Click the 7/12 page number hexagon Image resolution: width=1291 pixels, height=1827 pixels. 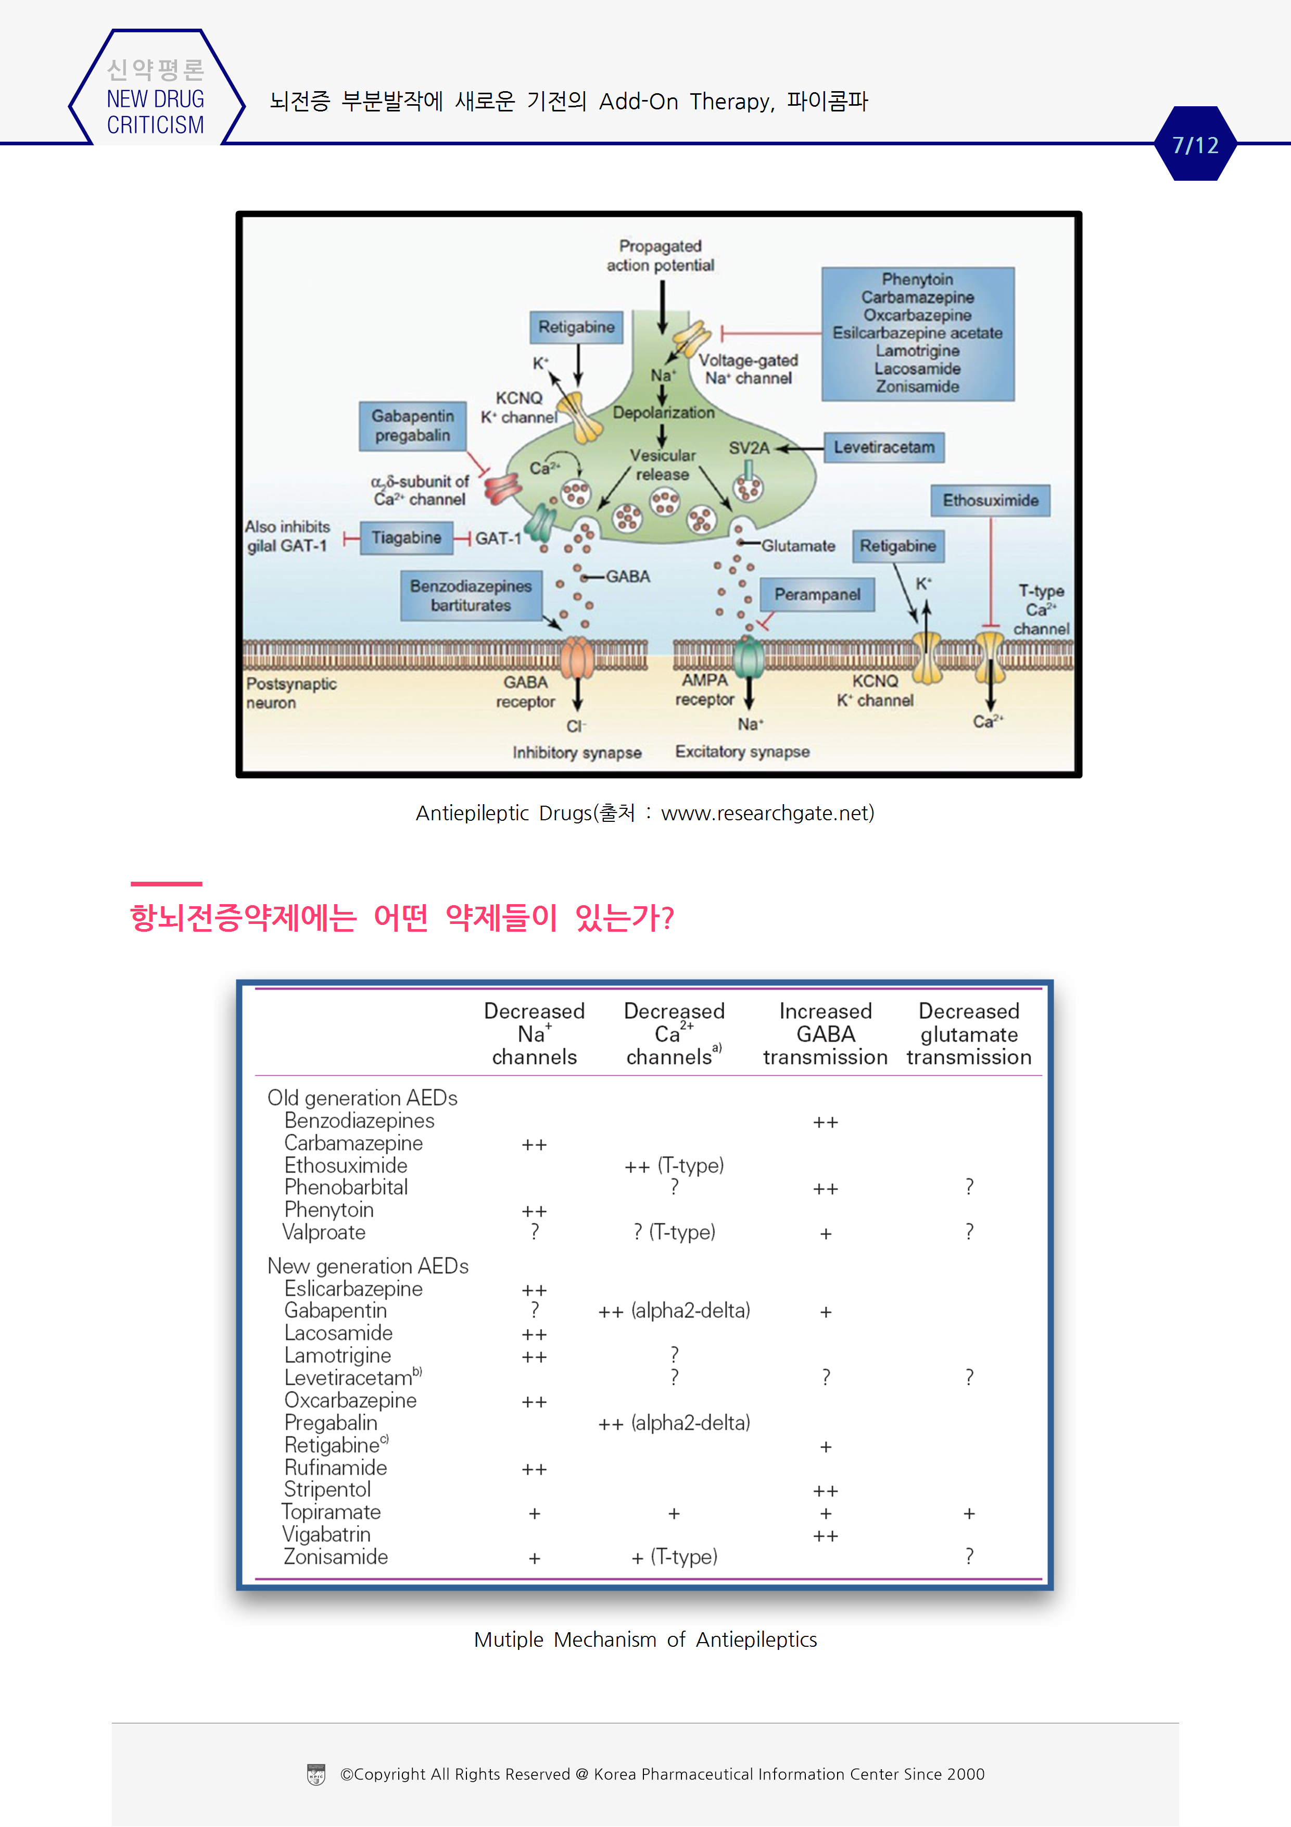tap(1195, 144)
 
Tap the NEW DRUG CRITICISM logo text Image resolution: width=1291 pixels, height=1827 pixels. tap(155, 111)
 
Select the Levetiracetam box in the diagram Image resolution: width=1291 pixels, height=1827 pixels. tap(884, 447)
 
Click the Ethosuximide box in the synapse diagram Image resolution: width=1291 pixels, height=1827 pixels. tap(990, 500)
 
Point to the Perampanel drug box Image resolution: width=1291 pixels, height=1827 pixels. tap(817, 594)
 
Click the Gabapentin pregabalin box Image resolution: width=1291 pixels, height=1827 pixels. tap(412, 426)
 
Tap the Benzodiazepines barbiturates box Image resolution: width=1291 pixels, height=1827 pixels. tap(471, 595)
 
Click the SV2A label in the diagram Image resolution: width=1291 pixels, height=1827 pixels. tap(749, 448)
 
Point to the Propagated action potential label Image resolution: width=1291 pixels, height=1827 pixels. tap(660, 255)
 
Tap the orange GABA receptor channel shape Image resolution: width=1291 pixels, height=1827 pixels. tap(577, 659)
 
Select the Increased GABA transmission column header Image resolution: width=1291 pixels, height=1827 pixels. tap(825, 1034)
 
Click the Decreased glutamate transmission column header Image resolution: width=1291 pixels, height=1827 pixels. tap(968, 1034)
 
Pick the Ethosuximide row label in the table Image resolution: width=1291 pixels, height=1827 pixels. tap(346, 1165)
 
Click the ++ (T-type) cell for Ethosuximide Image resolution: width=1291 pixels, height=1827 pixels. tap(674, 1166)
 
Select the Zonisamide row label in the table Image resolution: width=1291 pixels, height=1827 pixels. tap(336, 1557)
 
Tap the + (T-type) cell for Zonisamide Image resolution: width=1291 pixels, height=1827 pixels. tap(674, 1557)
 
